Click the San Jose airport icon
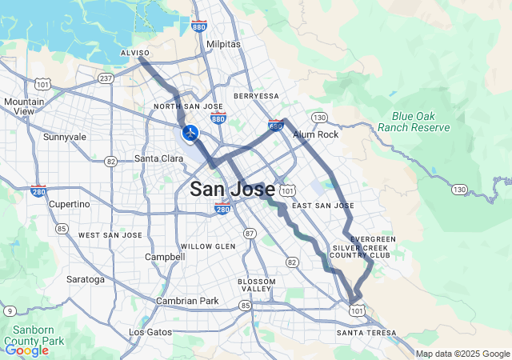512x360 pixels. pos(190,132)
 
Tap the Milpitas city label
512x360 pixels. pos(222,44)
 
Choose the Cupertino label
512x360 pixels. pos(70,204)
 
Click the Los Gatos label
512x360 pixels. pos(150,331)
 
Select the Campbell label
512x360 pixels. pos(164,257)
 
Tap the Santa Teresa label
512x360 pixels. pos(366,332)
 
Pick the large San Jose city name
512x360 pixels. pos(232,190)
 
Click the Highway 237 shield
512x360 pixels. pos(106,78)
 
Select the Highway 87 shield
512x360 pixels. pos(250,233)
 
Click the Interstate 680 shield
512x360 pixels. pos(275,126)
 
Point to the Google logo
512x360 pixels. pos(26,350)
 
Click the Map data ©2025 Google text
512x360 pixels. pos(462,354)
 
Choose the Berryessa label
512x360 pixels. pos(256,96)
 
